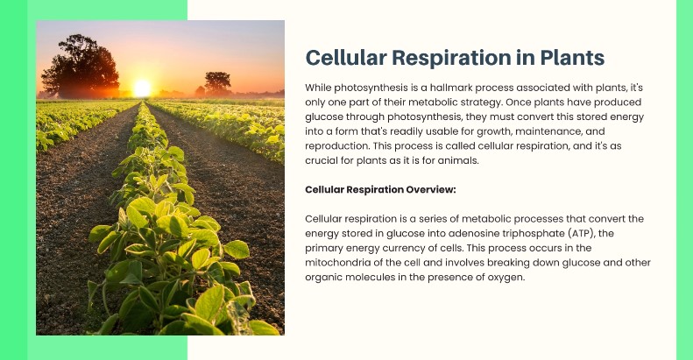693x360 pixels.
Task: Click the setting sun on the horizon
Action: point(142,88)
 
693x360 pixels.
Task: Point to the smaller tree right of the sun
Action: point(217,83)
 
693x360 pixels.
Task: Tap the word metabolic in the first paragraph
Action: point(431,102)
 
